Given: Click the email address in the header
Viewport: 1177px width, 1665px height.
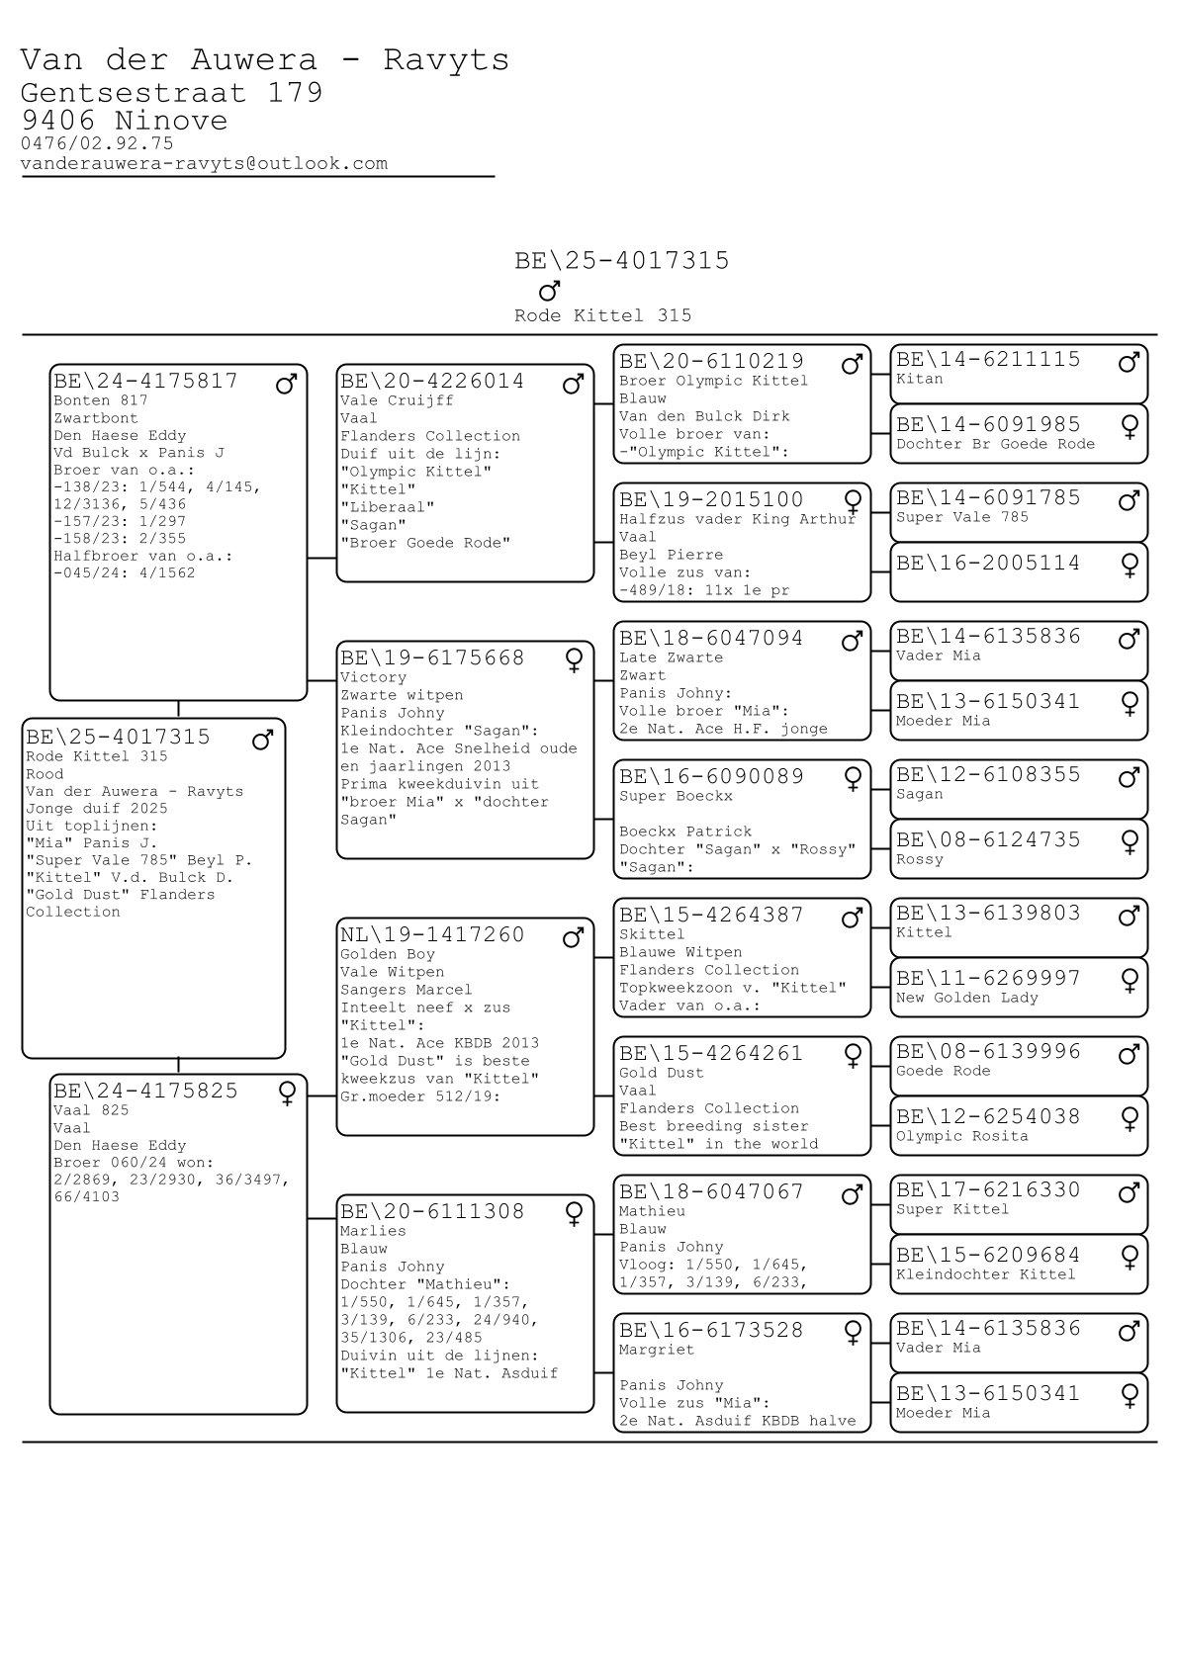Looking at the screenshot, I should coord(204,164).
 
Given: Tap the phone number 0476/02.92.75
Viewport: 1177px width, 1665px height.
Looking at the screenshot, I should coord(97,143).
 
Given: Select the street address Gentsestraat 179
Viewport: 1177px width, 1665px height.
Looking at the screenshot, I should coord(171,93).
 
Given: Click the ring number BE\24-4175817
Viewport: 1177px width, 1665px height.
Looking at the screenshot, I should coord(145,382).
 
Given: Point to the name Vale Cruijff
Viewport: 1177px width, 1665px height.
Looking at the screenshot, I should coord(397,400).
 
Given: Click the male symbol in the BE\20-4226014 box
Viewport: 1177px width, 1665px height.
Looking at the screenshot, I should coord(573,384).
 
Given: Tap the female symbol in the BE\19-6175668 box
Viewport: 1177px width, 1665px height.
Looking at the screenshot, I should coord(573,660).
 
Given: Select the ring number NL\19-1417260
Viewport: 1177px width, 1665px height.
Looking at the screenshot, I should coord(432,935).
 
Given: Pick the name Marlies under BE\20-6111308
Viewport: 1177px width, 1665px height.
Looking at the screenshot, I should coord(373,1231).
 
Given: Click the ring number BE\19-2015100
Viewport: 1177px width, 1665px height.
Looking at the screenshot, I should coord(711,500).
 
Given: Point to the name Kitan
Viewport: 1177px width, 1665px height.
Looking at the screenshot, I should coord(919,379).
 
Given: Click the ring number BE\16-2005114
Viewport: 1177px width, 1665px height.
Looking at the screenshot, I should coord(988,564).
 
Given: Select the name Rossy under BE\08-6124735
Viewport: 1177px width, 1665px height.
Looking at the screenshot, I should coord(919,859).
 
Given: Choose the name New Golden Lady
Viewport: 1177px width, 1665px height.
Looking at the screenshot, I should coord(966,998).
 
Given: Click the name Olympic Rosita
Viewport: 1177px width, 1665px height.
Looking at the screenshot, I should coord(961,1136).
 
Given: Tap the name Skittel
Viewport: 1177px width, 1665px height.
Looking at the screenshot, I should coord(652,934).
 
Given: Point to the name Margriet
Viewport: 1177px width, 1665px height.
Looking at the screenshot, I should coord(656,1350).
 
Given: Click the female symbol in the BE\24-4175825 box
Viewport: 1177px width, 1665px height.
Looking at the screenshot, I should coord(287,1094).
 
